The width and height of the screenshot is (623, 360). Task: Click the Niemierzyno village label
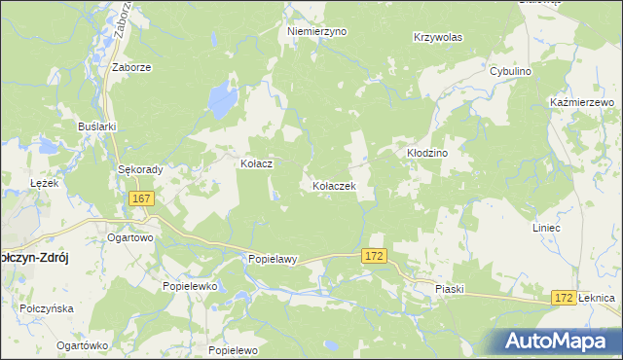[x=316, y=31]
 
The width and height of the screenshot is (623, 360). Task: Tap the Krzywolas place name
[x=437, y=37]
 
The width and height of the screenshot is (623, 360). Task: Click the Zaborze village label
[x=130, y=68]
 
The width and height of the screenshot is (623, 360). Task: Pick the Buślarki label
[x=97, y=126]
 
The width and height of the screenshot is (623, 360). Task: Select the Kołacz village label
[x=256, y=164]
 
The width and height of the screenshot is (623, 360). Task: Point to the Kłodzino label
[x=425, y=154]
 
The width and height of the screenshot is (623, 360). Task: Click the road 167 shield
[x=141, y=198]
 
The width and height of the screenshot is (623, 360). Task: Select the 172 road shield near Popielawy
[x=375, y=255]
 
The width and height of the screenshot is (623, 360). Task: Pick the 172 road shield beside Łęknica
[x=562, y=297]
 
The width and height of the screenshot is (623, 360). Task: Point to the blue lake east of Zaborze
[x=223, y=97]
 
